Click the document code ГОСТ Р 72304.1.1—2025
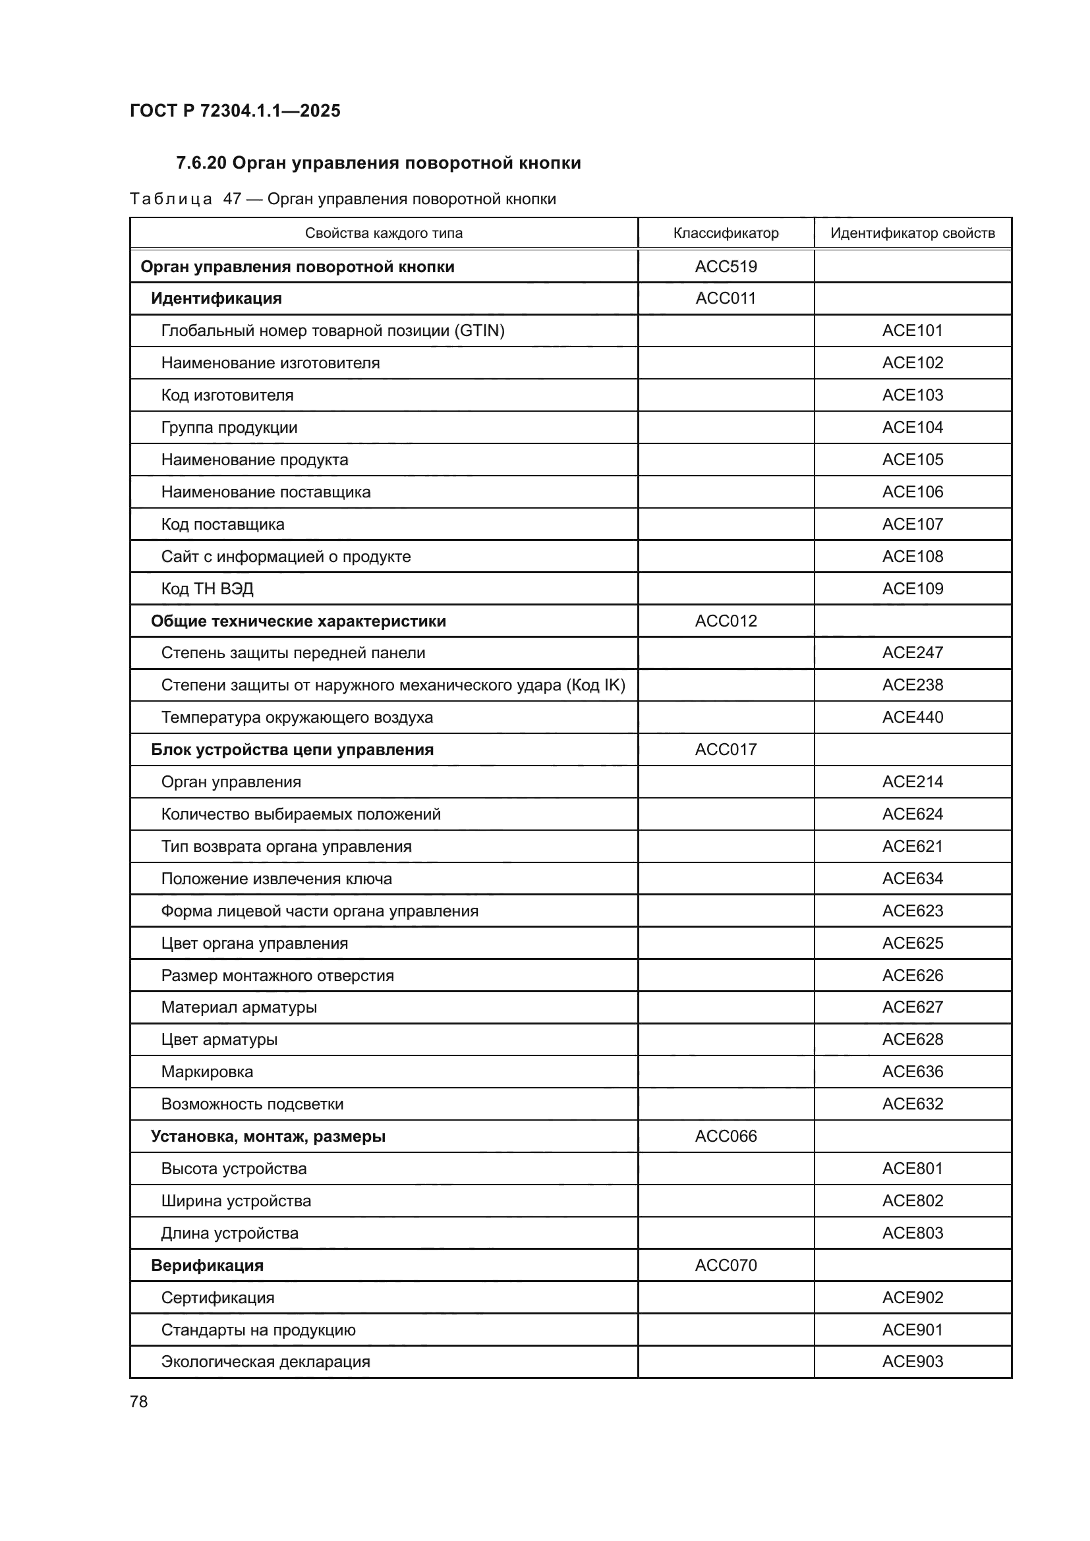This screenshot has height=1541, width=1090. point(235,111)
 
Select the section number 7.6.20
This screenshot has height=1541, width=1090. point(201,163)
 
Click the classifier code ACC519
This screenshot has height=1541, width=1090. point(726,266)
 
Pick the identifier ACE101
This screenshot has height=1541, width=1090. point(912,330)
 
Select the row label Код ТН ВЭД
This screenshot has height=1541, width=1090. point(207,588)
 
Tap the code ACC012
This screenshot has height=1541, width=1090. point(726,621)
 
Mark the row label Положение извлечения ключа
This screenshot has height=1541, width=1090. point(276,879)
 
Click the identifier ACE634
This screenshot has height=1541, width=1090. point(912,879)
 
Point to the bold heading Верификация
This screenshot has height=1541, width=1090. point(207,1265)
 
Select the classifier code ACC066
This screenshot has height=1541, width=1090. point(726,1136)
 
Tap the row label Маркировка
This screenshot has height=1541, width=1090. point(207,1072)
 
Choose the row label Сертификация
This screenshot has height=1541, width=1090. point(217,1297)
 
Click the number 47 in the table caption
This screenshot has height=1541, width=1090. point(232,200)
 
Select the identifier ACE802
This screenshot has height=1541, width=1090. point(912,1201)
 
